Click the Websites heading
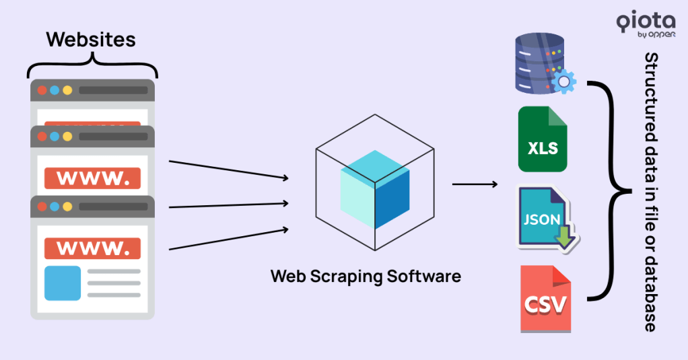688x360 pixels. [91, 39]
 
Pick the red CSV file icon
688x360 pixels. [546, 299]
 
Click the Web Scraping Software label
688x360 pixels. [366, 276]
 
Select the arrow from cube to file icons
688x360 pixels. [475, 184]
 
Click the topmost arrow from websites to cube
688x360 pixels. [228, 170]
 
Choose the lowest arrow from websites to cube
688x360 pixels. [228, 239]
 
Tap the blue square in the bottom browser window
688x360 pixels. [63, 283]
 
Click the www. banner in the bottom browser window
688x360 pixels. [92, 248]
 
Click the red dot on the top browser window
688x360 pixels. [42, 90]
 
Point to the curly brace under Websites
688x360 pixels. [92, 65]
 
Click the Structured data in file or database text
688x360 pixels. [650, 192]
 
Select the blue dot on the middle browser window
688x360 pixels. [55, 137]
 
